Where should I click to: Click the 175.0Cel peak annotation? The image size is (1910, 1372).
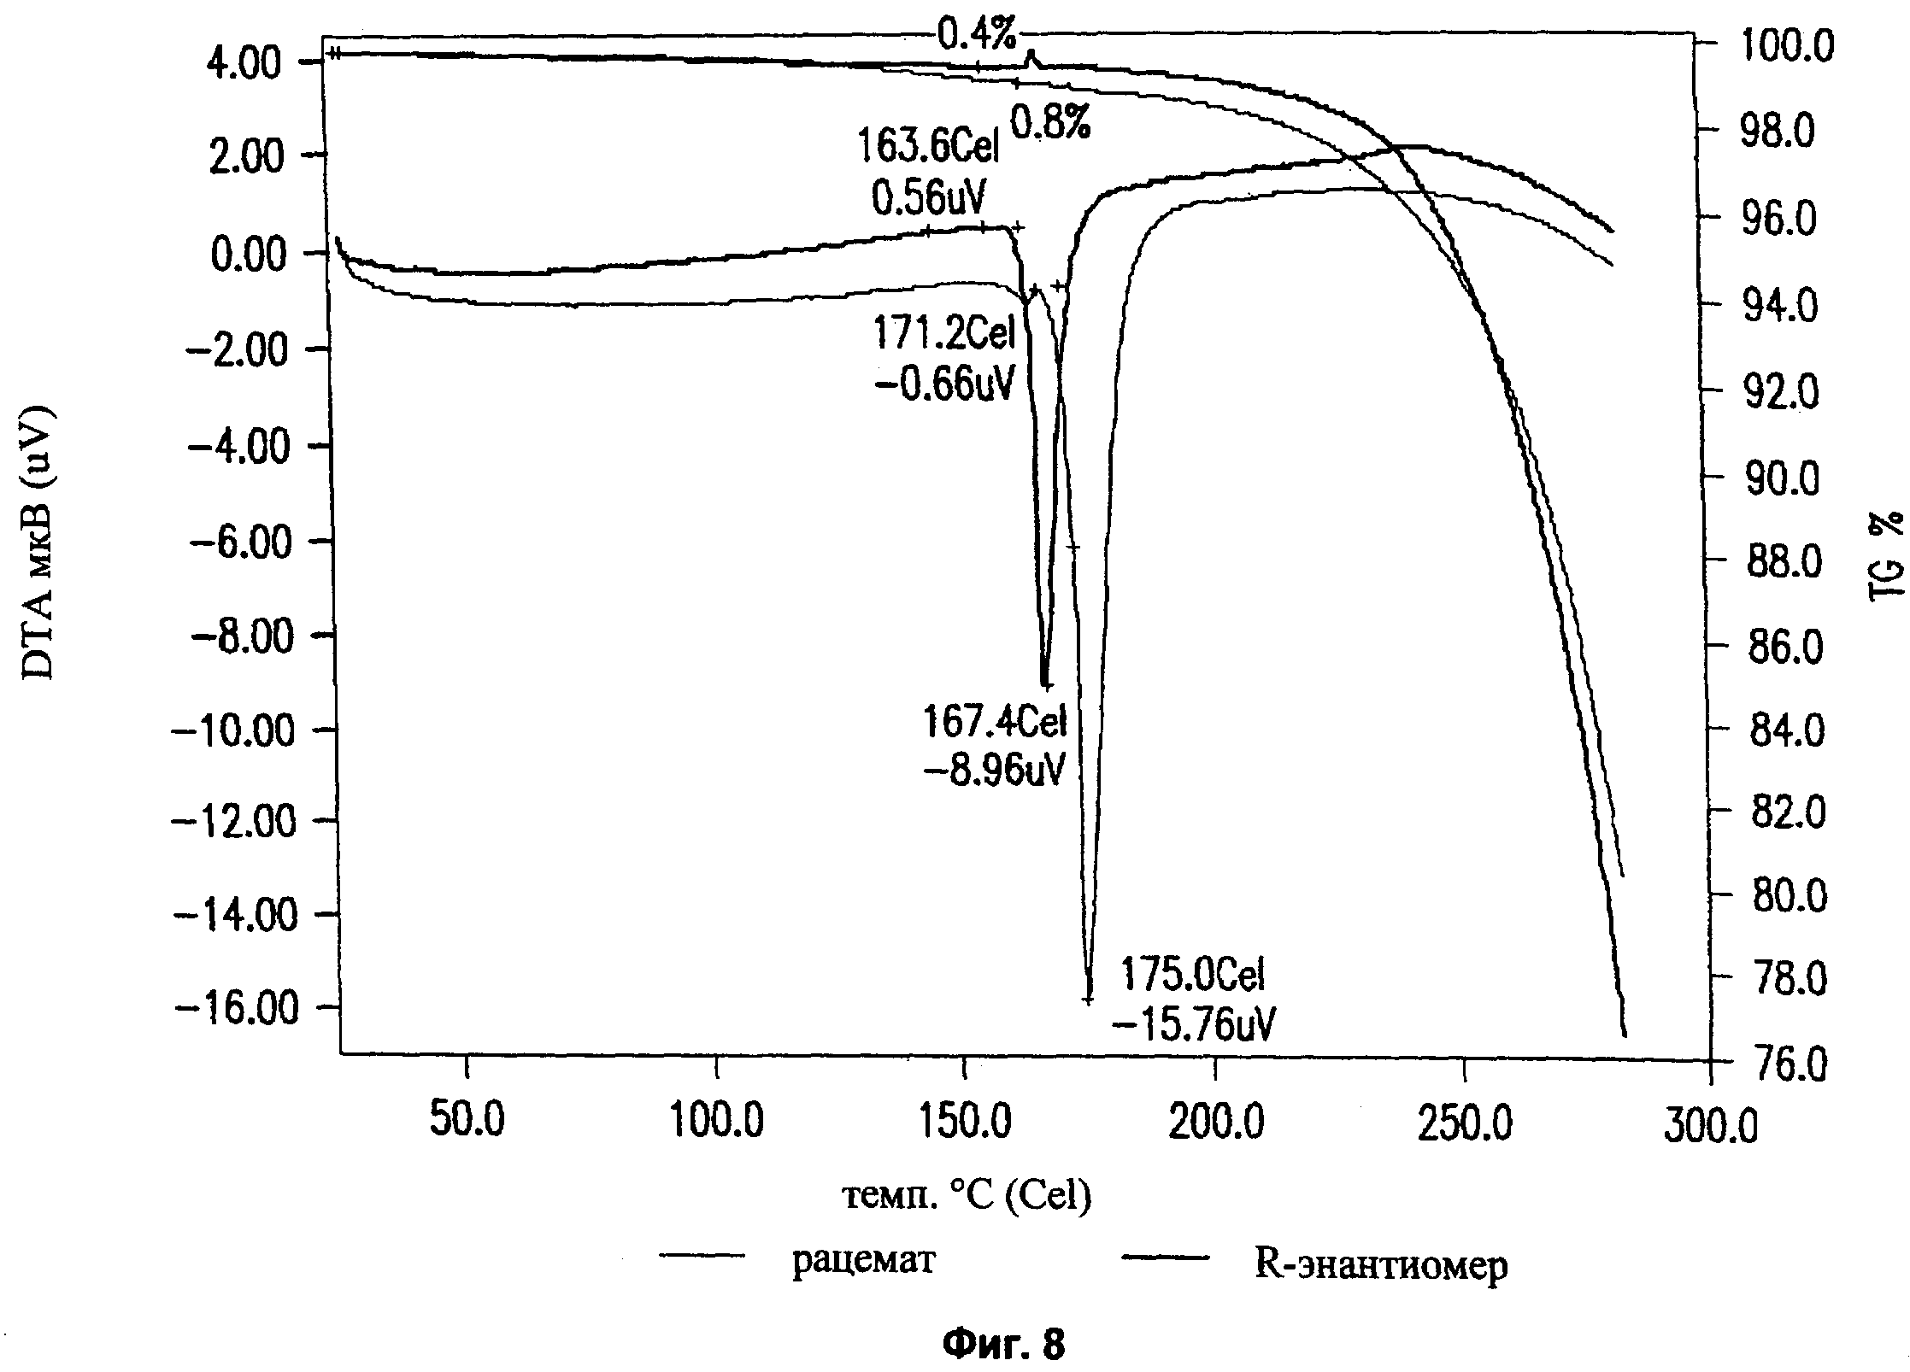click(1192, 975)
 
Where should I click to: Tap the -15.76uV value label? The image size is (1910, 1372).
click(1194, 1023)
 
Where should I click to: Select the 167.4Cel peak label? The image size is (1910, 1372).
click(995, 724)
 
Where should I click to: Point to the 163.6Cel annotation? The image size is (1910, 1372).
click(927, 149)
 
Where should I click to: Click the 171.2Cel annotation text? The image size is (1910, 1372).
click(943, 333)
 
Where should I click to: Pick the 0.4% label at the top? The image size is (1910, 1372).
click(978, 36)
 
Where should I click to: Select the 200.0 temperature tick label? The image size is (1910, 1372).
click(1215, 1123)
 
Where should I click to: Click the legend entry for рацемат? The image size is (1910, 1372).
click(863, 1260)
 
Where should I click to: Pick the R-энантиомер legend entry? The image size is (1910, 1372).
click(1380, 1264)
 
